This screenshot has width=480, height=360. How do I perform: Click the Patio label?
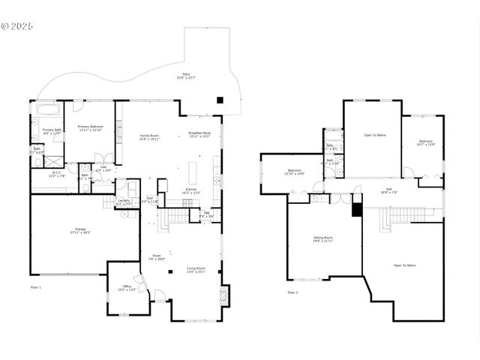185,76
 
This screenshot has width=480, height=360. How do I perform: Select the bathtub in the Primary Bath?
50,109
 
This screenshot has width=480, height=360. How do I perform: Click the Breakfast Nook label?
199,135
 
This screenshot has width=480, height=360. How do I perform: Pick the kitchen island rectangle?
191,169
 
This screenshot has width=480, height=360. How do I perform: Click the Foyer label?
157,256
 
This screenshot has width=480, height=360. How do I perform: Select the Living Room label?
197,270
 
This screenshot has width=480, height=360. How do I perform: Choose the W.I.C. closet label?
55,175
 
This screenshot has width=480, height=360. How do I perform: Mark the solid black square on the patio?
220,99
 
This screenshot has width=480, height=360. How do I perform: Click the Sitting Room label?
323,239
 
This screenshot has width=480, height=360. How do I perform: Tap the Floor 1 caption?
36,287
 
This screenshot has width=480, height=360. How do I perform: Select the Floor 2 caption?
292,292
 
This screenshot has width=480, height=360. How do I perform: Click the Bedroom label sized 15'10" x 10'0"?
295,172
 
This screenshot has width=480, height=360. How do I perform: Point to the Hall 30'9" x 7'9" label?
388,190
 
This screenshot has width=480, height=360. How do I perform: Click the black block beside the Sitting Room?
357,210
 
